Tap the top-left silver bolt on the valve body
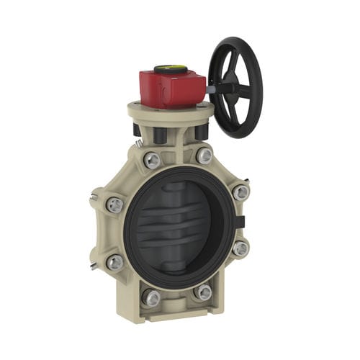point(152,161)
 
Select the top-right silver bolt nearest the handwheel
point(204,155)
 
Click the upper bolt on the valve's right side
point(240,192)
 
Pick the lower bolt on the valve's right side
point(240,248)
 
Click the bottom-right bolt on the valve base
point(203,292)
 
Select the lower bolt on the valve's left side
point(114,263)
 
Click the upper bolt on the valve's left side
point(114,205)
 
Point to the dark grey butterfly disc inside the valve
point(176,223)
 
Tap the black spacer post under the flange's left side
point(137,130)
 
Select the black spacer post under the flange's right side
point(202,131)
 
